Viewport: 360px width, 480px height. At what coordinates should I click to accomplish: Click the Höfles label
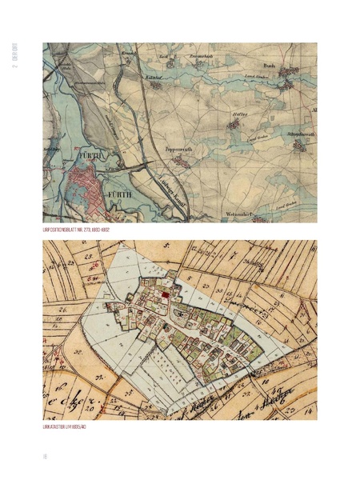[239, 114]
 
